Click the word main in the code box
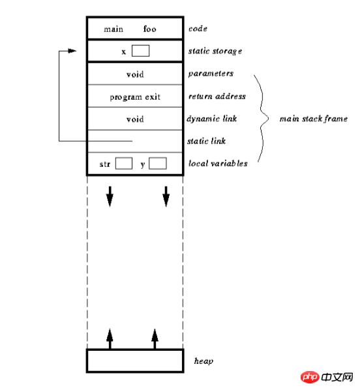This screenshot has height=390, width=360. coord(113,29)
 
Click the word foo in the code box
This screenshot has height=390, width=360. coord(150,29)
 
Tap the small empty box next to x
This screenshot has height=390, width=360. coord(141,51)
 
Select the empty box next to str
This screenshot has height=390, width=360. coord(124,164)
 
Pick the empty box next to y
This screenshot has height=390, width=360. coord(158,164)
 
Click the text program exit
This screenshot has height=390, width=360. coord(135,97)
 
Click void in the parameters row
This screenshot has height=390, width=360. coord(135,74)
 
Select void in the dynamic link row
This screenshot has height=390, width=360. coord(135,119)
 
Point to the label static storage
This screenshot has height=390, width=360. coord(215,52)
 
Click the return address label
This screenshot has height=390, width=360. coord(217,97)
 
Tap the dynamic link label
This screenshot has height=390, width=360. coord(212,119)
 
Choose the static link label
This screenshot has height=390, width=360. coord(207,141)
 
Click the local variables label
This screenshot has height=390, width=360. coord(218,164)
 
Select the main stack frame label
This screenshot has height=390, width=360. coord(314,119)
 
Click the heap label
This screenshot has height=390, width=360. coord(203,361)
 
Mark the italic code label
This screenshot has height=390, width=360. coord(198,29)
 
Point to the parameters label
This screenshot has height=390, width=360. coord(211,74)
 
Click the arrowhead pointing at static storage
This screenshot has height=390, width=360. coord(72,51)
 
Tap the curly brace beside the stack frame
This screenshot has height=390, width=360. coord(262,119)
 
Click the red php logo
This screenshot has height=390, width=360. coord(310,377)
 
